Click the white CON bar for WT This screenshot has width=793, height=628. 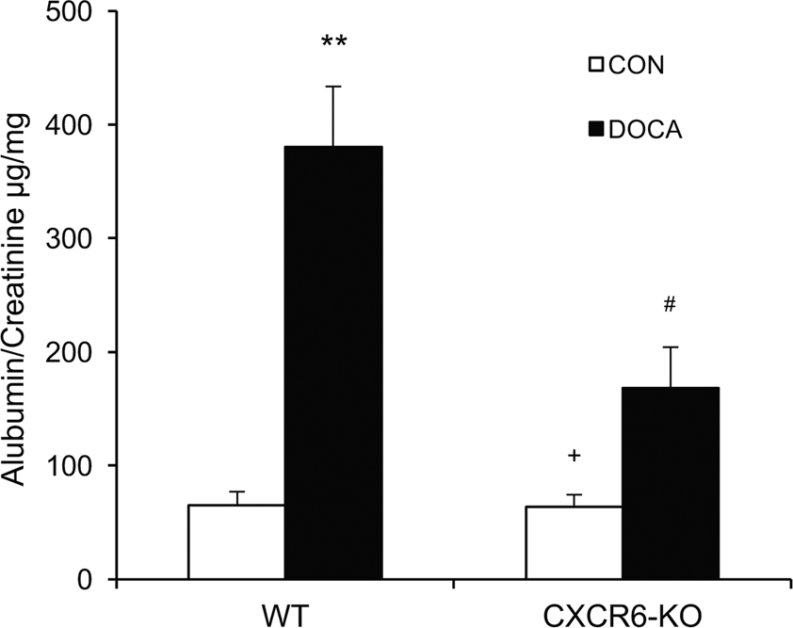pos(236,542)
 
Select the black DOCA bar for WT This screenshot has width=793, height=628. pos(332,362)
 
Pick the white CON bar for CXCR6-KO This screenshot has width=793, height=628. pos(574,543)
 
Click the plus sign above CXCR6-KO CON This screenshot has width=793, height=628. pos(574,456)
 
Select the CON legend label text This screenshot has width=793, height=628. pos(639,66)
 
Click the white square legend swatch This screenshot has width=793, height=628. pos(595,66)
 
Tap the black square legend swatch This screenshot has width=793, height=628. pos(595,130)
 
